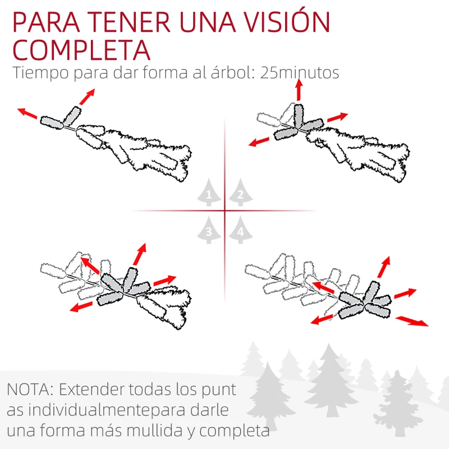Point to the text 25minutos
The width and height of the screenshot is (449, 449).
(x=300, y=74)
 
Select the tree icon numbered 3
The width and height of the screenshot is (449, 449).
(x=209, y=230)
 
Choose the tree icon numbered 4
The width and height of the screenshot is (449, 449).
(x=240, y=230)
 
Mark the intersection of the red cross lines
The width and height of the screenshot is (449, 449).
(x=225, y=211)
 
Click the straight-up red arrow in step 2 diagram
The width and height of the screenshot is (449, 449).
(x=299, y=90)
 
